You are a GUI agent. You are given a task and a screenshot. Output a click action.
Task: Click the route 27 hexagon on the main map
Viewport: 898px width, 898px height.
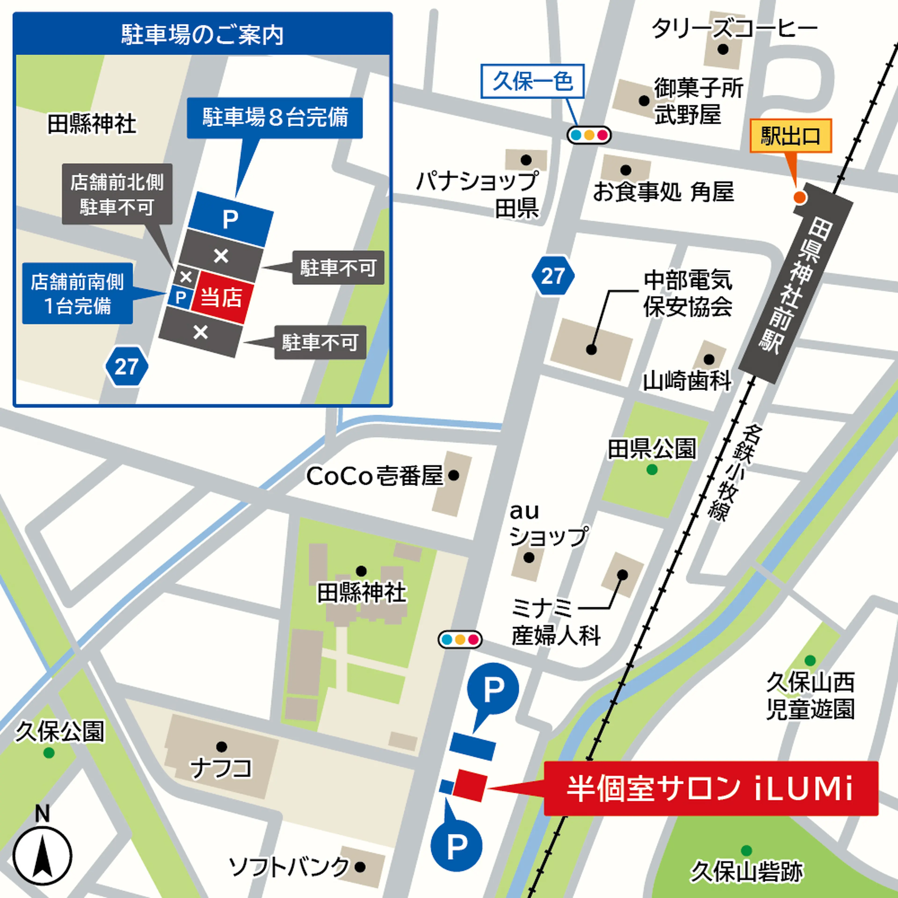pos(553,276)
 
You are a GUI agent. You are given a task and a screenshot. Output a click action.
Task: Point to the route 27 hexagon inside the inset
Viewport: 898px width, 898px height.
pos(127,366)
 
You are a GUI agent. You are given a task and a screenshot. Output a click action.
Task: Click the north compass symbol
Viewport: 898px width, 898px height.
pos(42,855)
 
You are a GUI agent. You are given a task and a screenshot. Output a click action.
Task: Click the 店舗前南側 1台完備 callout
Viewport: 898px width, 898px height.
pos(78,293)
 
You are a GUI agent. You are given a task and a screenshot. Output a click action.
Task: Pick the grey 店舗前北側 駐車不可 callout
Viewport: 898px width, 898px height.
pos(117,194)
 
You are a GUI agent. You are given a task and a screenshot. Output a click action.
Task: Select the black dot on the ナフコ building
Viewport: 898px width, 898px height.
pos(222,747)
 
